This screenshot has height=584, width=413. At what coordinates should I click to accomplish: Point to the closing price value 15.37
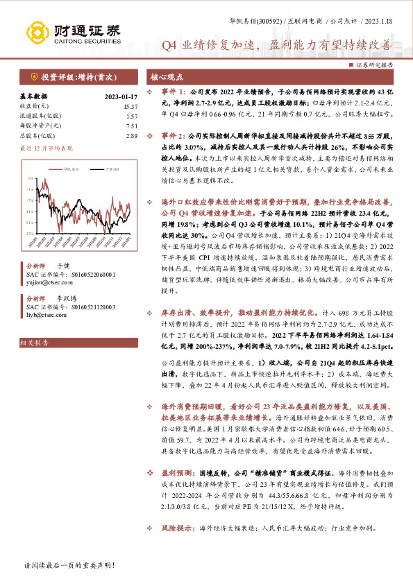point(130,106)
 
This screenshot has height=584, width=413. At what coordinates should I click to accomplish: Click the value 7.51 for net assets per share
point(131,126)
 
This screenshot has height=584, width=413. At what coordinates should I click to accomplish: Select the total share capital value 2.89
point(131,136)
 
